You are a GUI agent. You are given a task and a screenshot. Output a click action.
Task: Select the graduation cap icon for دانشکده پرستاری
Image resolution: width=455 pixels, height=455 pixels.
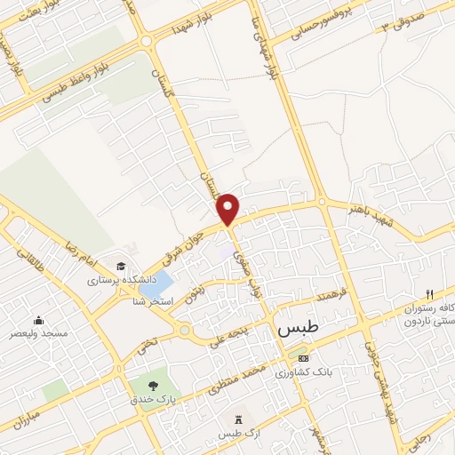tap(120, 266)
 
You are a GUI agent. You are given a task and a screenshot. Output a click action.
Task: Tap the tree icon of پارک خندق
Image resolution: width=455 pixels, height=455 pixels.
tap(155, 385)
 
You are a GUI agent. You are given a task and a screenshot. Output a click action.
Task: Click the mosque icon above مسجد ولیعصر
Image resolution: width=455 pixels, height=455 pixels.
tap(38, 321)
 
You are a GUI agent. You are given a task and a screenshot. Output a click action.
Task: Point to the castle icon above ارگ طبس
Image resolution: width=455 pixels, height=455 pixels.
tap(237, 419)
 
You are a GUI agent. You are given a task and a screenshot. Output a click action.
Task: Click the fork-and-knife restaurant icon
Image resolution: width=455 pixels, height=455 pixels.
tap(429, 294)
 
